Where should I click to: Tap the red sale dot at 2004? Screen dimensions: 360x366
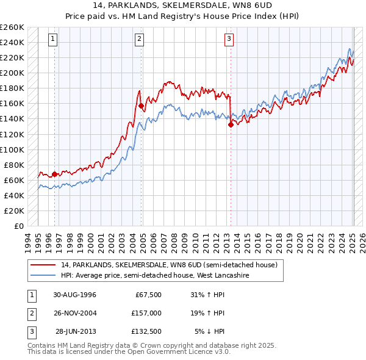coord(142,106)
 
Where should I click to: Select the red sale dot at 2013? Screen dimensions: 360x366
coord(231,124)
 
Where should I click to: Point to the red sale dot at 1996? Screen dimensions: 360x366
coord(54,174)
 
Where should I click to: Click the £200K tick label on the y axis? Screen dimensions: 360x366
coord(12,73)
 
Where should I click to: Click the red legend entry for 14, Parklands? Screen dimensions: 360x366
coord(169,265)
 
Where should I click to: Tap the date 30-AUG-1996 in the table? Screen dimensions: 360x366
coord(74,295)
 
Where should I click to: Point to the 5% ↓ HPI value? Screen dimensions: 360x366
coord(210,331)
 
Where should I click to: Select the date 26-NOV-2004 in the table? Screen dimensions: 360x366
coord(74,313)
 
